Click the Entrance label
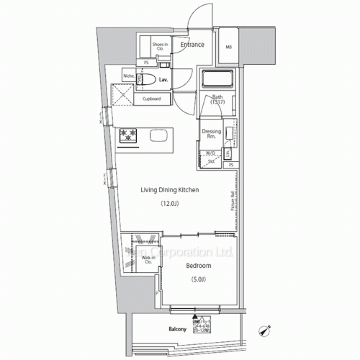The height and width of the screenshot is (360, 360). (x=192, y=45)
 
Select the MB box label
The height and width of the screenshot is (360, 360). (x=229, y=48)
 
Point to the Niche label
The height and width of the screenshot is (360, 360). (x=129, y=74)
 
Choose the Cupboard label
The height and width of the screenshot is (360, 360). (x=151, y=98)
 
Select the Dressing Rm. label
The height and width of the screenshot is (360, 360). (x=211, y=133)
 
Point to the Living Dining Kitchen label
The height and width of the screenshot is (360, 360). (x=169, y=190)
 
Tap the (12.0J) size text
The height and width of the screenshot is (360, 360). (x=169, y=204)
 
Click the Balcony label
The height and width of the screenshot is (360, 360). (x=177, y=330)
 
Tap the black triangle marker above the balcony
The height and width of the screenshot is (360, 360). (x=194, y=316)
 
